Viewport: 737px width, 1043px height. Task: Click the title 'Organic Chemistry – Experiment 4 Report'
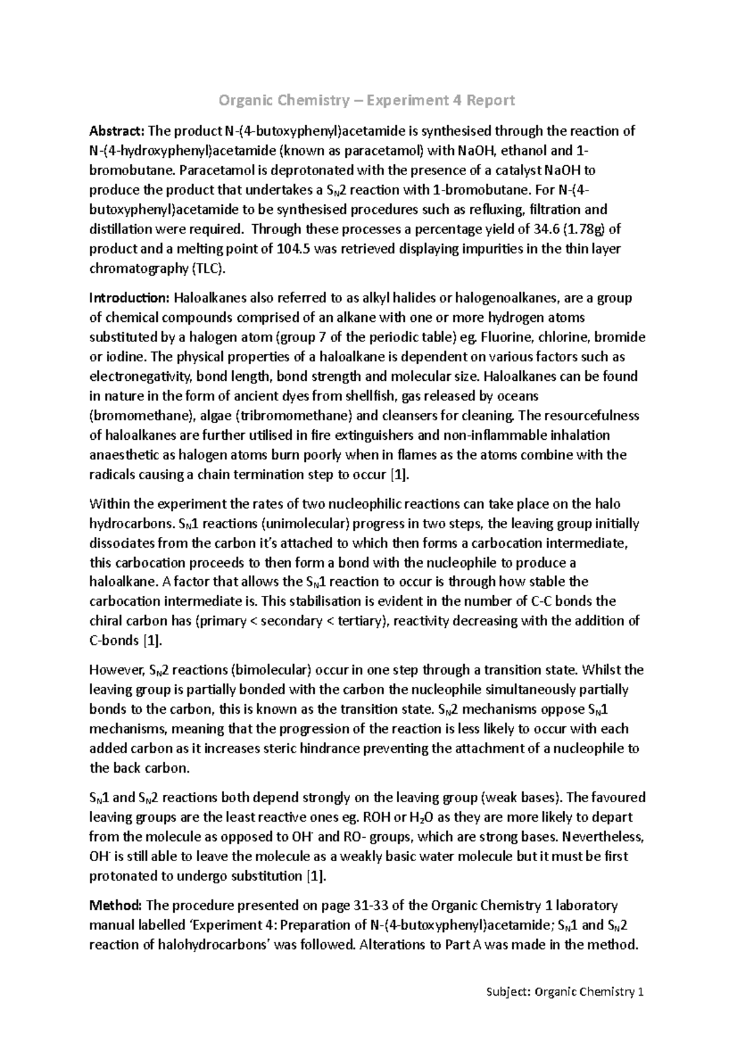click(367, 100)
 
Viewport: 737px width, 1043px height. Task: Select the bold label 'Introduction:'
click(129, 298)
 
